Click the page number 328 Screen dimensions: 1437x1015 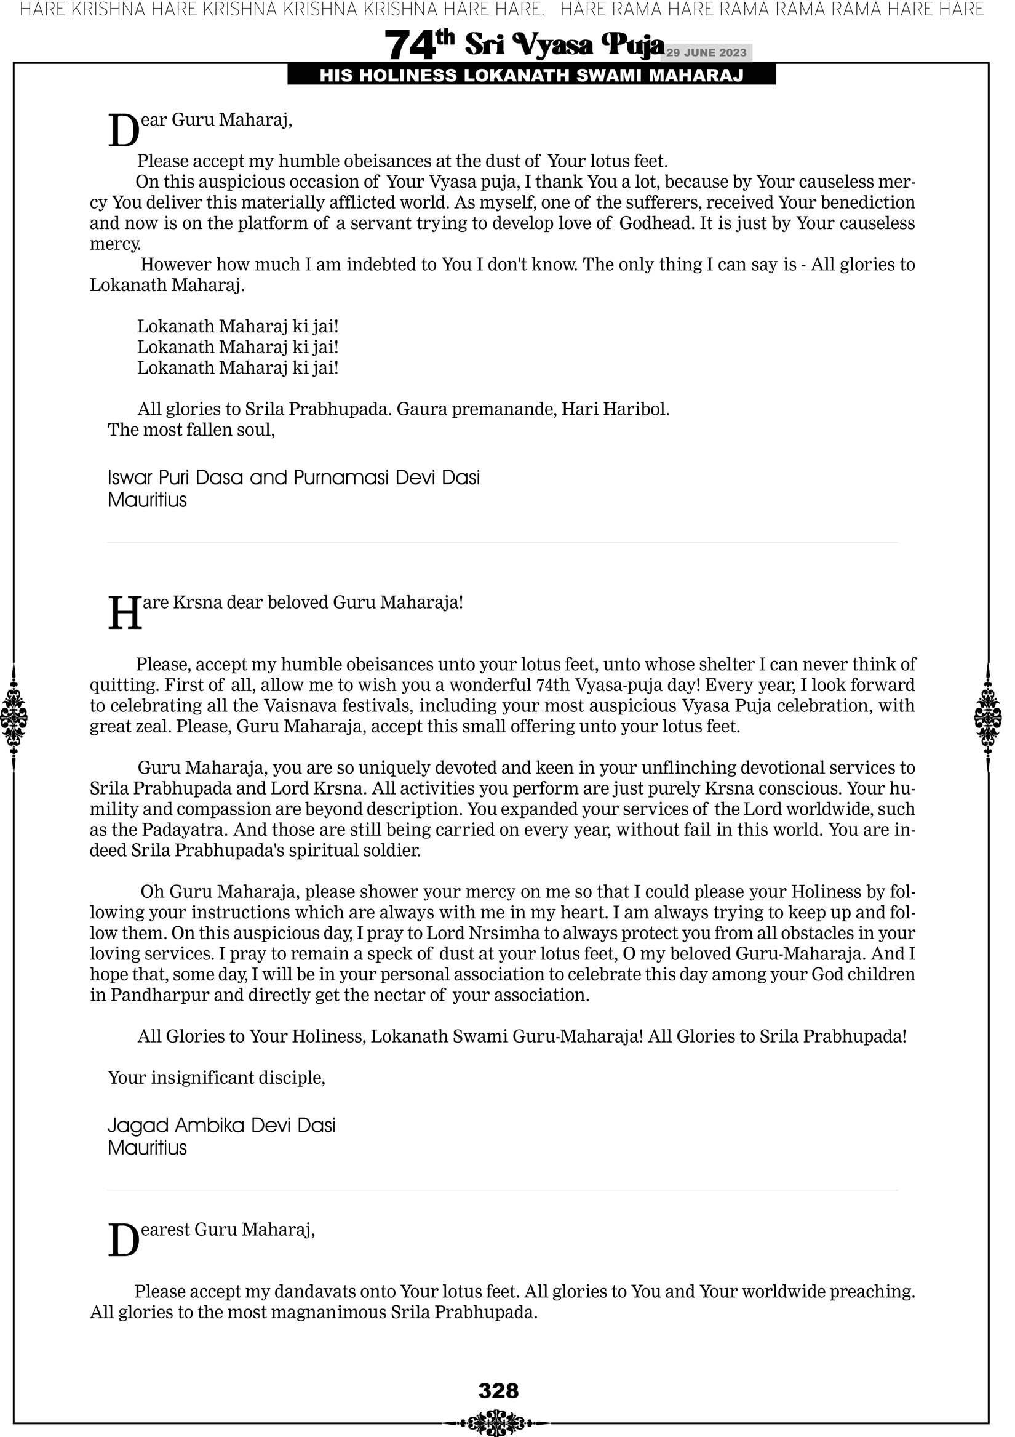click(498, 1390)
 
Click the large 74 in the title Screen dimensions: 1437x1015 click(410, 45)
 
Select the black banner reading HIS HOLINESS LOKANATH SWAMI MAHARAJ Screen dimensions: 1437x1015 click(531, 76)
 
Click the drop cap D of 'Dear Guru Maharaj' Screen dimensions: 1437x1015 click(123, 131)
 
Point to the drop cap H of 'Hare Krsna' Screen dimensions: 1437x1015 click(125, 614)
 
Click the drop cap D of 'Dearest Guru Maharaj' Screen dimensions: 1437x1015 click(123, 1241)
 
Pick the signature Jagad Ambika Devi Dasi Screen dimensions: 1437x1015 click(221, 1126)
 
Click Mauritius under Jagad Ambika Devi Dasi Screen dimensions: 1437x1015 click(147, 1148)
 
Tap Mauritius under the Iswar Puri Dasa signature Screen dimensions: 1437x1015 click(147, 500)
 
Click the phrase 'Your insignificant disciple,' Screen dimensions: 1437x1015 click(217, 1078)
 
